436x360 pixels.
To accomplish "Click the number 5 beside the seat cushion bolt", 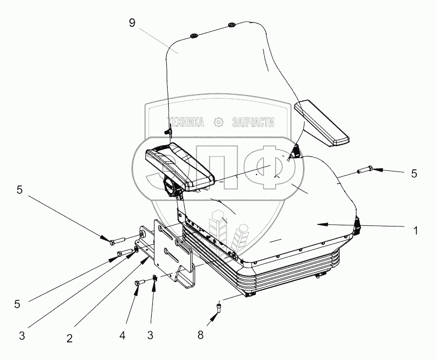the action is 415,174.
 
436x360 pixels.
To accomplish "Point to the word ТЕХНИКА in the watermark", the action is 186,122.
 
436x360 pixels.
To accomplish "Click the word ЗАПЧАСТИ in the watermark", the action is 253,122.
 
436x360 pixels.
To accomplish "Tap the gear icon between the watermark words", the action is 218,122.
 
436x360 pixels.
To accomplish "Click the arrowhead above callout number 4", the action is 136,291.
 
